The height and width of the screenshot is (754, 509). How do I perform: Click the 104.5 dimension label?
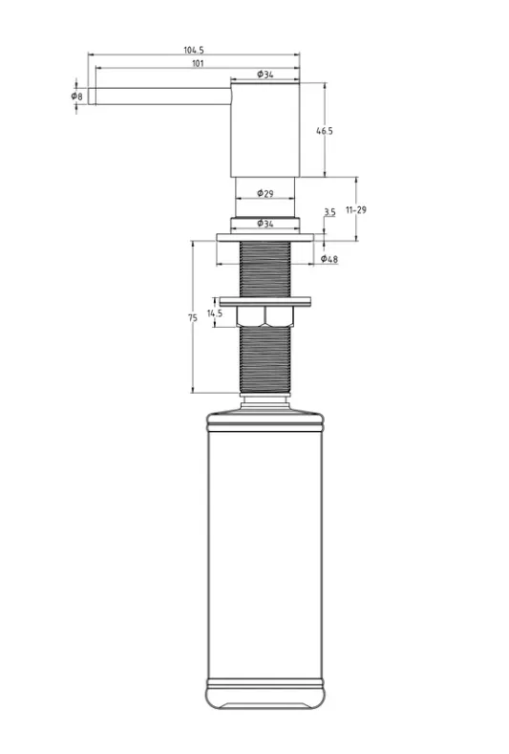[x=194, y=50]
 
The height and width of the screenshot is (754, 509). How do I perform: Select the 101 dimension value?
[x=197, y=63]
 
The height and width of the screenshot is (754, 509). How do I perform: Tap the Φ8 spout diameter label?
[x=77, y=97]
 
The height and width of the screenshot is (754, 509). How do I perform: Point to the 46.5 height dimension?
[x=325, y=131]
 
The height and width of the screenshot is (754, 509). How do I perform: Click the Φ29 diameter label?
[x=265, y=193]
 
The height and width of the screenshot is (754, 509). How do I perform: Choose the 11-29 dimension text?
[x=356, y=209]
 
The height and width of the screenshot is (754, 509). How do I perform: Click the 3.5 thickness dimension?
[x=329, y=211]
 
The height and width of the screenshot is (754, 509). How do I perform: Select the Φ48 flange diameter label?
[x=329, y=259]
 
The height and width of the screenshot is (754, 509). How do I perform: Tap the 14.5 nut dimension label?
[x=214, y=313]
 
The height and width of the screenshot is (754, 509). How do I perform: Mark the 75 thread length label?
[x=193, y=318]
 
